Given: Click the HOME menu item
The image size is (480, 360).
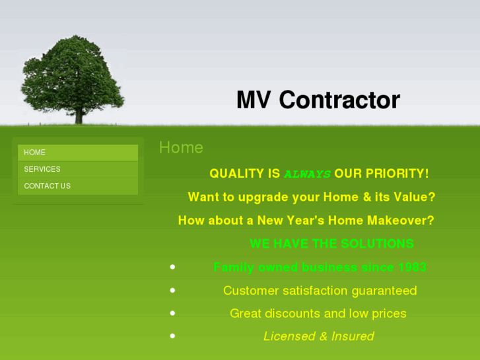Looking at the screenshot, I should tap(35, 153).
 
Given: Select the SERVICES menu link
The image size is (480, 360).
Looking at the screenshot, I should tap(42, 169).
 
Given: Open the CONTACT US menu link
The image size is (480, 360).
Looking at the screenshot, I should tap(47, 186).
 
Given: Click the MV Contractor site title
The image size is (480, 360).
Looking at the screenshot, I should tap(318, 100).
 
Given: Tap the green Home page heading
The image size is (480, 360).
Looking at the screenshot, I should tap(181, 147).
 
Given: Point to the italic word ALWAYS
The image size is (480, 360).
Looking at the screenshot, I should tap(307, 174).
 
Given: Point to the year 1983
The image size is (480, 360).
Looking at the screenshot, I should tap(412, 268).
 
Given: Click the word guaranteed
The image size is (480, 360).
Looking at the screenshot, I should tap(384, 291).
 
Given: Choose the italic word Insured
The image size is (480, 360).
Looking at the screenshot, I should tap(353, 336).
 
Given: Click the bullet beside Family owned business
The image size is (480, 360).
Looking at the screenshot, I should tap(172, 267).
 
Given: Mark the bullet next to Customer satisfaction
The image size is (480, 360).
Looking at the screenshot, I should tap(172, 290).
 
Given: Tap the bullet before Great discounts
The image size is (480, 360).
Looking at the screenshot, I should tap(172, 313).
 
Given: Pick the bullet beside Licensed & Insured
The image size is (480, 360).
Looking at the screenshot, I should tap(172, 336).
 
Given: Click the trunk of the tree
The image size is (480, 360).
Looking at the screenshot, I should tap(79, 116).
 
